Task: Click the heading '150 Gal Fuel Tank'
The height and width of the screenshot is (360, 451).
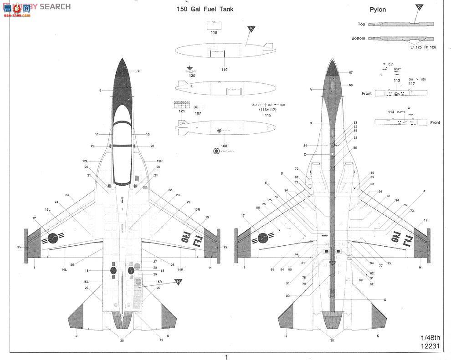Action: (205, 9)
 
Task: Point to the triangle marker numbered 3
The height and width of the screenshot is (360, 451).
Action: (419, 7)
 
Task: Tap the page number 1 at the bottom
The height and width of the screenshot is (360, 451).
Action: (226, 356)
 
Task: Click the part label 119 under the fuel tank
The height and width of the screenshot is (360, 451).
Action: (225, 69)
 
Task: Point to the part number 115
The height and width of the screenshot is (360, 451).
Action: (267, 115)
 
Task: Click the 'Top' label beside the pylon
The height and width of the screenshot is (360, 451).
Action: (361, 24)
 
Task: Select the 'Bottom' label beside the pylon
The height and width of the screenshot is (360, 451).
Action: (358, 38)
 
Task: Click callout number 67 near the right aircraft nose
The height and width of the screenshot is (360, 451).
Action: (350, 73)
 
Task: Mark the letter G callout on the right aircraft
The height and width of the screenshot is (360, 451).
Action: (385, 299)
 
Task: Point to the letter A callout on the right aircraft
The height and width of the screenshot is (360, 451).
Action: (311, 90)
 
